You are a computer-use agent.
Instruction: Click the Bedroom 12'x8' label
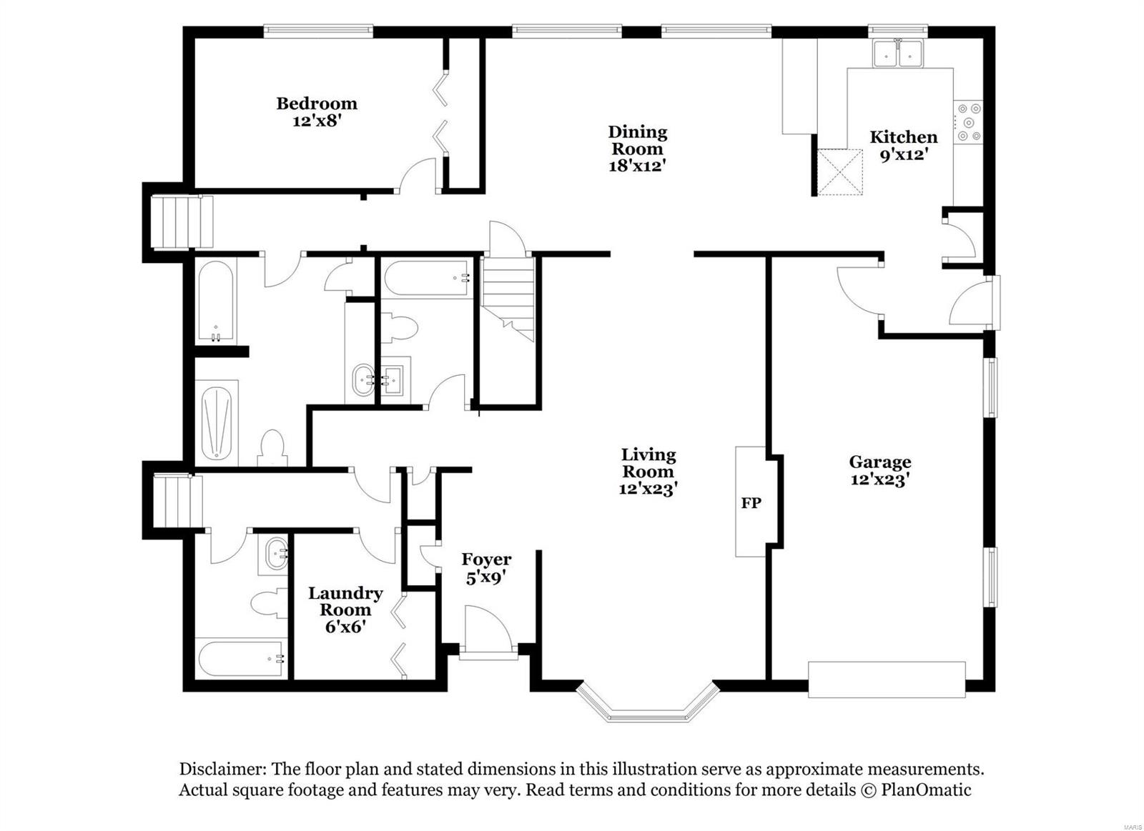[x=317, y=112]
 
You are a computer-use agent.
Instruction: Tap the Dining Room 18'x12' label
[x=637, y=149]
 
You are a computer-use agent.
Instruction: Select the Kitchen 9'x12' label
[x=903, y=145]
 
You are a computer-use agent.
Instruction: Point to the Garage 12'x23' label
[x=879, y=470]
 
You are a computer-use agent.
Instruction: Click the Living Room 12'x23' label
[x=648, y=472]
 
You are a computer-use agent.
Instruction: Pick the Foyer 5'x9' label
[x=486, y=568]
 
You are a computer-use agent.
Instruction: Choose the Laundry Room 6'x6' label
[x=345, y=609]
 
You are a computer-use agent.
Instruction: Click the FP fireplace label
[x=751, y=503]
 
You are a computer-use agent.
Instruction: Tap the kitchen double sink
[x=898, y=54]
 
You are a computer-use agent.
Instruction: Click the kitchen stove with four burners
[x=969, y=122]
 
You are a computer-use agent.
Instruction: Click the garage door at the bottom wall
[x=887, y=680]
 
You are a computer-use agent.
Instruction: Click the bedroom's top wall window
[x=318, y=31]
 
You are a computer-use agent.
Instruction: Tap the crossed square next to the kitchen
[x=839, y=171]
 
